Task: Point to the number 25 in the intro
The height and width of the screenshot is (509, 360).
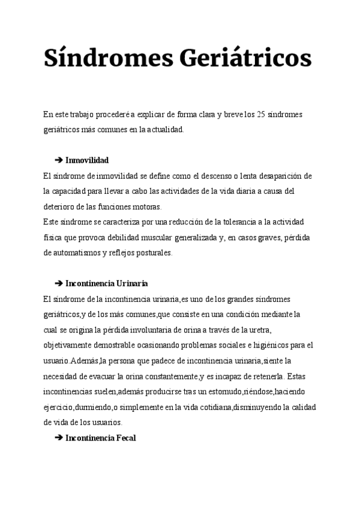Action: coord(260,115)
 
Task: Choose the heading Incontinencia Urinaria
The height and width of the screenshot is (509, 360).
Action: coord(106,283)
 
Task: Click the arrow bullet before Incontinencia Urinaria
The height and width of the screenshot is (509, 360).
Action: coord(58,283)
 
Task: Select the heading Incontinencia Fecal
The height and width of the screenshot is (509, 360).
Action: coord(100,438)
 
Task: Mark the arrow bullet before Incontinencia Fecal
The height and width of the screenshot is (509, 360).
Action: coord(58,438)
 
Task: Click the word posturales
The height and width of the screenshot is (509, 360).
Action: coord(155,253)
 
